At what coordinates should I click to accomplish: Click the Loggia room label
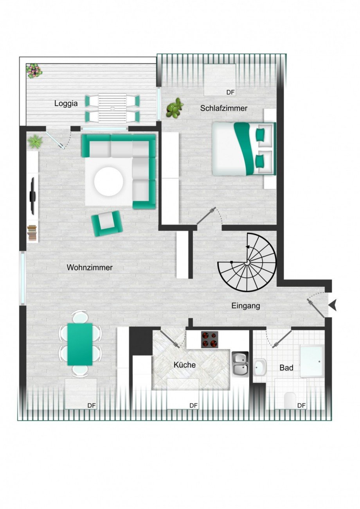click(x=66, y=104)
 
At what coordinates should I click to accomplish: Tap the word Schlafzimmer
click(x=224, y=108)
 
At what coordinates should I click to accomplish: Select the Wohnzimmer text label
click(x=90, y=268)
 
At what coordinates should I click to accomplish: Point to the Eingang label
click(x=246, y=306)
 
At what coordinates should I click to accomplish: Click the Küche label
click(x=184, y=365)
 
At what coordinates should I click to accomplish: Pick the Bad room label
click(x=286, y=368)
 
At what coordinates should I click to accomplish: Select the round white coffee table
click(x=108, y=181)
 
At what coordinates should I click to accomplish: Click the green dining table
click(x=80, y=344)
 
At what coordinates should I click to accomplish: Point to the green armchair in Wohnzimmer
click(x=107, y=223)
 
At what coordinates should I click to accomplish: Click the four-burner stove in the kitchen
click(x=209, y=339)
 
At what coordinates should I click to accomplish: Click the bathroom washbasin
click(x=259, y=367)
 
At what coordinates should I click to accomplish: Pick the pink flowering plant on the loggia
click(x=34, y=71)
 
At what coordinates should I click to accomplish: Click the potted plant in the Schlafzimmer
click(x=175, y=108)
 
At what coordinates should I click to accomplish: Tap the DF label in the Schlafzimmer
click(x=230, y=93)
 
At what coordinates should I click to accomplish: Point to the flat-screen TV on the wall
click(x=33, y=196)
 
